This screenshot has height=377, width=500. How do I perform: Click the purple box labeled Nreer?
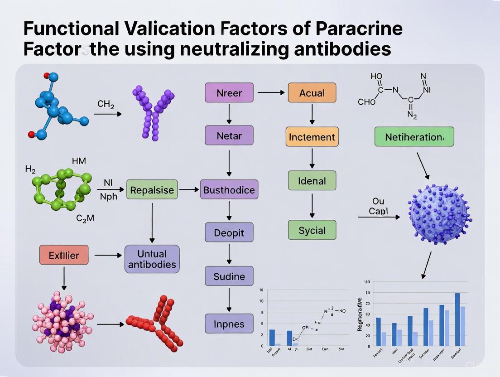tap(229, 93)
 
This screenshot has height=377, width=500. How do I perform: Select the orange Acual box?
tap(312, 93)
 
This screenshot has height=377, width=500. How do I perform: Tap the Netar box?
tap(229, 135)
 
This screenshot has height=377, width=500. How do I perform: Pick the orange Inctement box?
tap(312, 136)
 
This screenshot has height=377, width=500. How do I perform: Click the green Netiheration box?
tap(414, 136)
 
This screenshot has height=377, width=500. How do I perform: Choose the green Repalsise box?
tap(152, 190)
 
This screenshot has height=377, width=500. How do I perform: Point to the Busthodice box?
tap(229, 190)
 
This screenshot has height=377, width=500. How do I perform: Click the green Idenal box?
tap(312, 181)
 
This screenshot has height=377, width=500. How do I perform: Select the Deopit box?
tap(229, 232)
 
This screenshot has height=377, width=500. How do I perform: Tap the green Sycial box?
tap(312, 230)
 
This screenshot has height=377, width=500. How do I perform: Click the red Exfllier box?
tap(64, 255)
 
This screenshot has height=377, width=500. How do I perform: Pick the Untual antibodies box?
tap(152, 259)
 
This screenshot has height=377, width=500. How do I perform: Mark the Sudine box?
tap(229, 276)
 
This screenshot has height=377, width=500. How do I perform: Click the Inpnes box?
tap(229, 324)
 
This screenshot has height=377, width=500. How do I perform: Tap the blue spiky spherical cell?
tap(438, 213)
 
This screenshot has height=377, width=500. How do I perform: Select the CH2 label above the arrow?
tap(106, 104)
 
